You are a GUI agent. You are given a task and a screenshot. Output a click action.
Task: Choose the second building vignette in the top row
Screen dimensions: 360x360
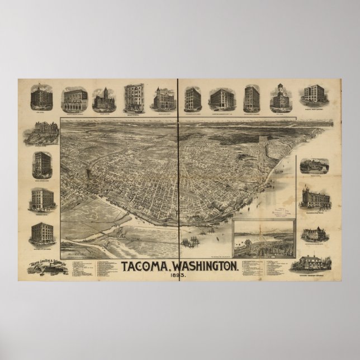tap(74, 98)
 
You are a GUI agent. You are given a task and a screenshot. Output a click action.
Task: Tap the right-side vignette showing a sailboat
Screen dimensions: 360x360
tap(314, 165)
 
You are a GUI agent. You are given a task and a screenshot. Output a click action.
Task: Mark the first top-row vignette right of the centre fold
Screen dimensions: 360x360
tap(192, 98)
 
